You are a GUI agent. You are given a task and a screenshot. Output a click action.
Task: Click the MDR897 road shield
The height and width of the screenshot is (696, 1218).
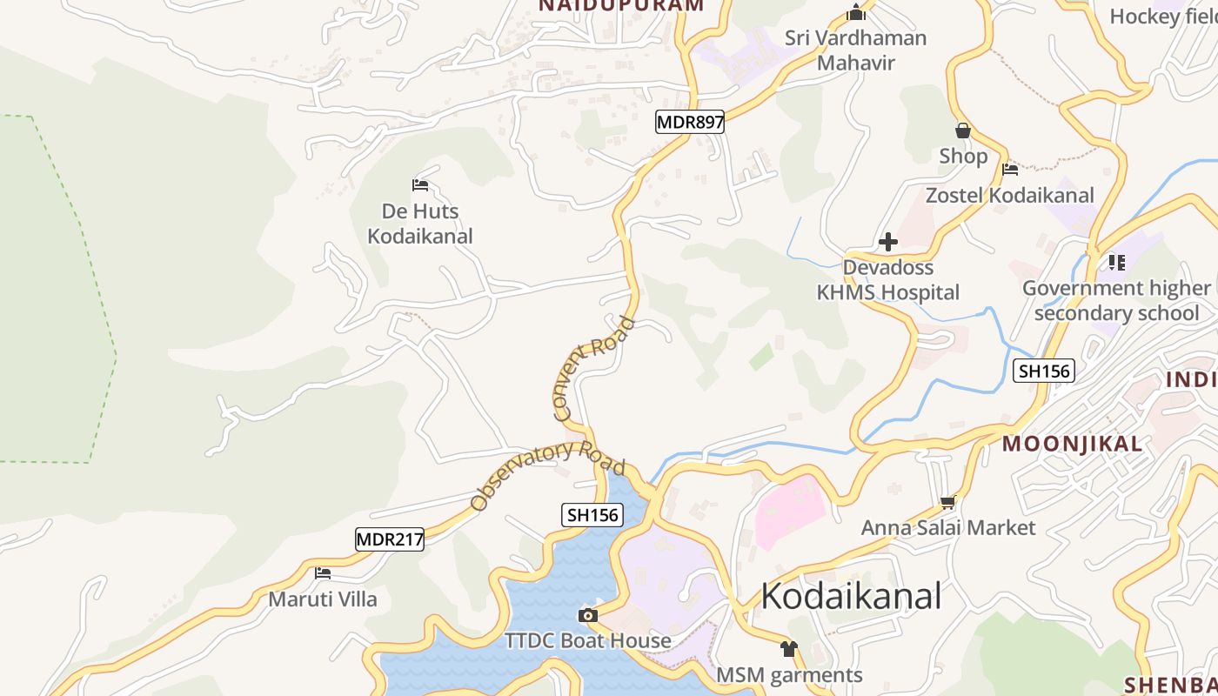coord(690,123)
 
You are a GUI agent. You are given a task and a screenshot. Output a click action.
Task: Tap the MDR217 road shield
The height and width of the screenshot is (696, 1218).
coord(390,539)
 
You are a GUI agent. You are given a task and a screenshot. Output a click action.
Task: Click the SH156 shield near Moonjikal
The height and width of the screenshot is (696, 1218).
coord(1044,371)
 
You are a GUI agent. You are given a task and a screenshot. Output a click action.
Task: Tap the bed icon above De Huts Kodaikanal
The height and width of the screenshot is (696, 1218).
coord(420,184)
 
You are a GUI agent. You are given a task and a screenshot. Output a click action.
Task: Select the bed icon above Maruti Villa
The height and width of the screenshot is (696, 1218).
coord(323,573)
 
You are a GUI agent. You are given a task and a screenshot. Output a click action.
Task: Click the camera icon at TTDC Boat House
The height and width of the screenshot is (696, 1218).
coord(588,616)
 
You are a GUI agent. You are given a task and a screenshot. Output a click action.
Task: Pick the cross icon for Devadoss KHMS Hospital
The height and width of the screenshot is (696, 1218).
coord(887,241)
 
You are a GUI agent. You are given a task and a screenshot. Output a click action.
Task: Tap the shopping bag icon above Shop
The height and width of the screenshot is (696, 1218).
coord(963,131)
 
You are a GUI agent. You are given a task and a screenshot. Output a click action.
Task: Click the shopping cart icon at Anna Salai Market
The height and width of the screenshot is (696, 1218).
coord(948,502)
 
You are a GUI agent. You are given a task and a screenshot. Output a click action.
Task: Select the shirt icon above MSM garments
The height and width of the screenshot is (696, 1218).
coord(789,649)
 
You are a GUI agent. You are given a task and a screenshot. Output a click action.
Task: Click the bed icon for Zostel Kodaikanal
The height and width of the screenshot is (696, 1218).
coord(1010,170)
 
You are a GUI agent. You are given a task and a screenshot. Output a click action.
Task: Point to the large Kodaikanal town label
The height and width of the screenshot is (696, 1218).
coord(851,596)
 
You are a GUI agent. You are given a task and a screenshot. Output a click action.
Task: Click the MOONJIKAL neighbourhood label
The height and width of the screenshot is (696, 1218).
coord(1072,444)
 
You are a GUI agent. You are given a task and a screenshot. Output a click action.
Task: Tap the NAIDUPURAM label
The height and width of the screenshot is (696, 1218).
coord(621,5)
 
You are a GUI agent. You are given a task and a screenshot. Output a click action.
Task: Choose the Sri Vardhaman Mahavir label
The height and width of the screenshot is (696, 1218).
coord(856,50)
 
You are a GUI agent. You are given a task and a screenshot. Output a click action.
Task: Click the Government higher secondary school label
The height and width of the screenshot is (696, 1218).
coord(1116,300)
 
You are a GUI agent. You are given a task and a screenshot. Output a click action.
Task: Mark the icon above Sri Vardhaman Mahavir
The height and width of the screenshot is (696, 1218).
coord(856,13)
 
